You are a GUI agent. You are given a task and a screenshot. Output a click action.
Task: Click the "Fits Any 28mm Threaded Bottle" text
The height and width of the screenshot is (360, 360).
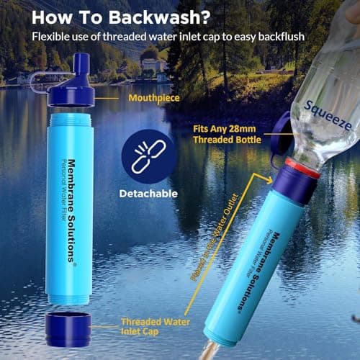point(226,134)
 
